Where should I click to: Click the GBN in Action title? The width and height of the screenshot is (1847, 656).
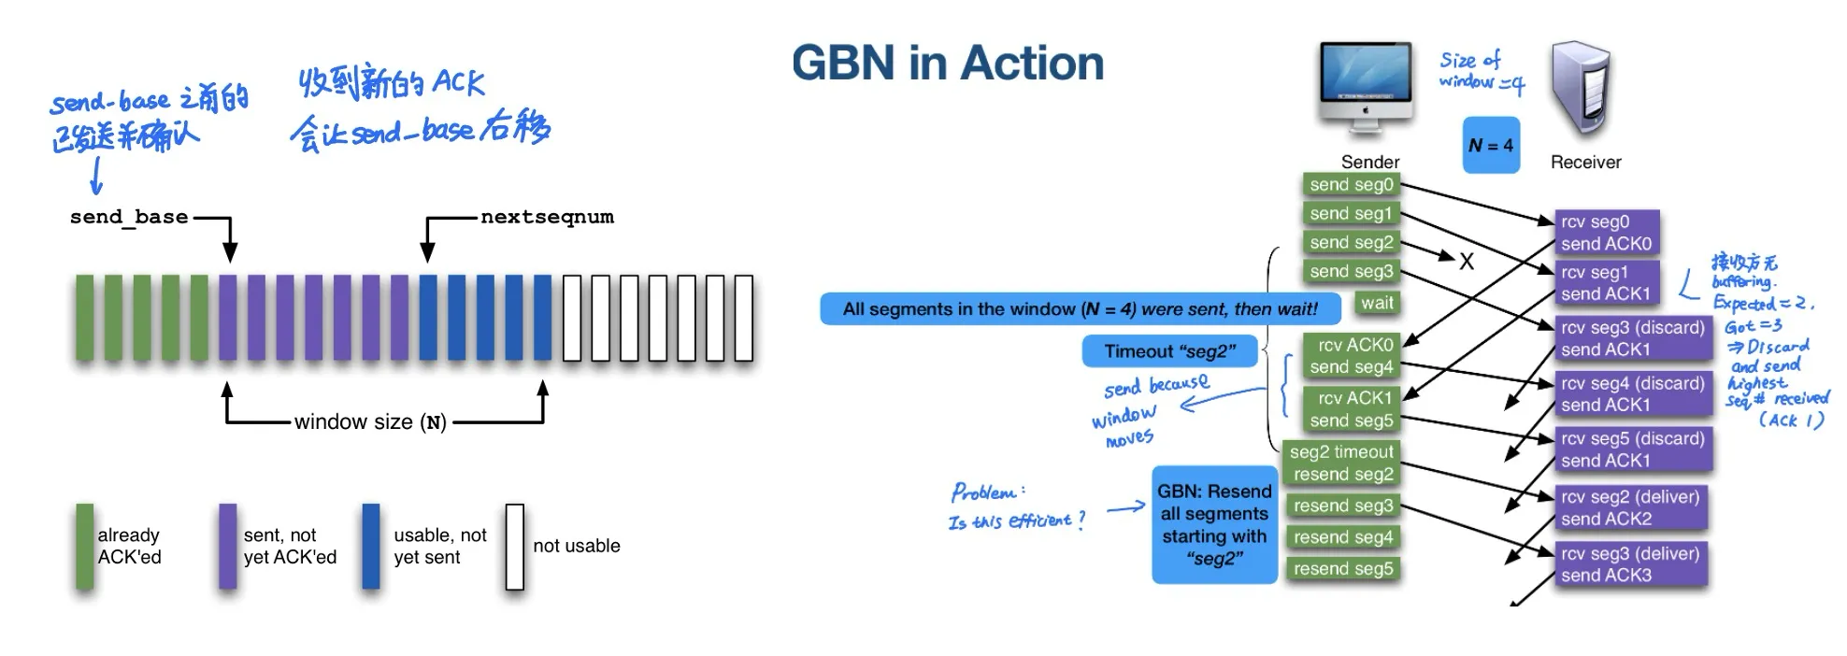(x=947, y=64)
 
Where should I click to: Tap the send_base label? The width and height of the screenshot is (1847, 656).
(x=129, y=217)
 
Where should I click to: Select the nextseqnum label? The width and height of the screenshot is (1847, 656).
(x=547, y=217)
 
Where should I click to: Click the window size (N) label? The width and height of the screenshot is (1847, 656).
(x=370, y=422)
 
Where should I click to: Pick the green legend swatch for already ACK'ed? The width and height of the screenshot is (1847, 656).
(x=84, y=547)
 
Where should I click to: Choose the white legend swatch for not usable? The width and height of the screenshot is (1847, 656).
(x=514, y=547)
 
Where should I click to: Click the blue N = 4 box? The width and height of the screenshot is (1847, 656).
(x=1490, y=145)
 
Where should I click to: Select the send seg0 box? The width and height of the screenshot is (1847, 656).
(x=1351, y=185)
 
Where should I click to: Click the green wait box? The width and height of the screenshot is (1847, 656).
(x=1376, y=303)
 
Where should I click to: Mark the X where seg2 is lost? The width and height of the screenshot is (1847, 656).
(x=1467, y=262)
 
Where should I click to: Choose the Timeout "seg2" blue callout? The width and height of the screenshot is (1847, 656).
(x=1169, y=351)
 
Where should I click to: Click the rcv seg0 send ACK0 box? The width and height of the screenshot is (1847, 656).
(x=1606, y=233)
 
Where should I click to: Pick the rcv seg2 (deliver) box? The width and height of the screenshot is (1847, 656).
(x=1629, y=507)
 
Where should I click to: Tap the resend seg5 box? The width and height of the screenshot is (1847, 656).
(x=1342, y=568)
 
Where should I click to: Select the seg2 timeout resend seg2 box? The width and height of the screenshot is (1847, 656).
(x=1340, y=463)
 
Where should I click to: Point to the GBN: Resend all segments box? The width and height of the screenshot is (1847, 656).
(x=1213, y=524)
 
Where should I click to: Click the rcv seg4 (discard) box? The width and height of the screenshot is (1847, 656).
(x=1632, y=393)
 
